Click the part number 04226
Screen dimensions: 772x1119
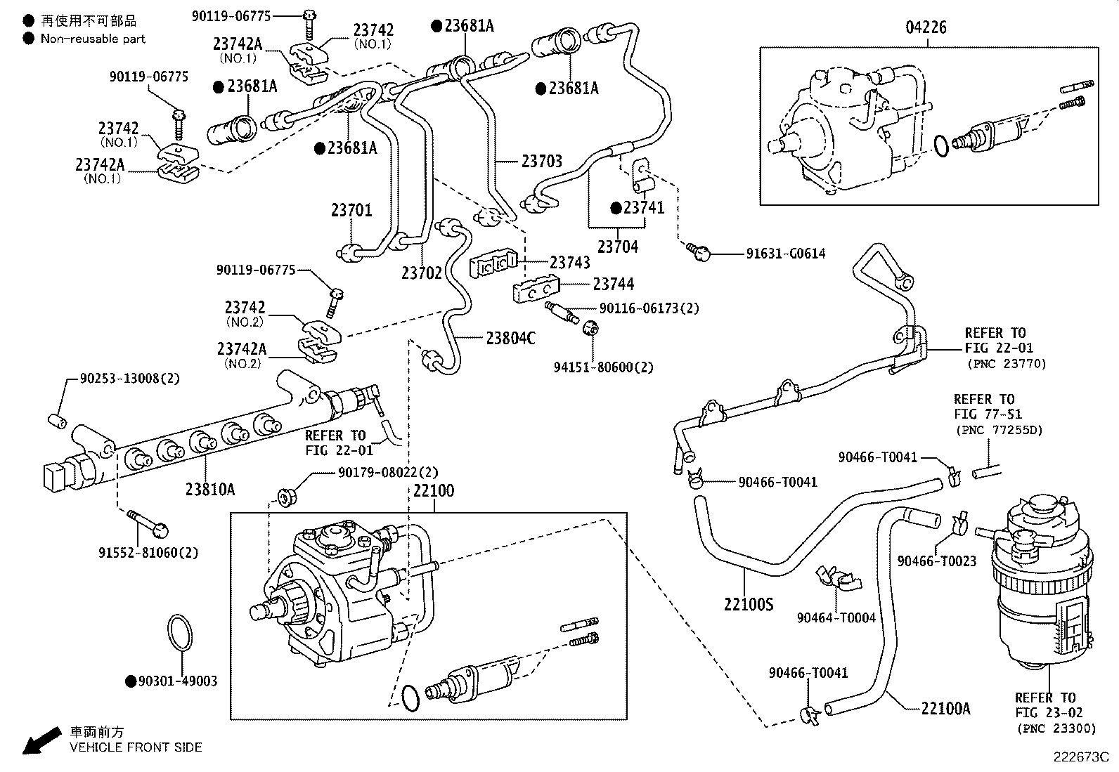pyautogui.click(x=926, y=28)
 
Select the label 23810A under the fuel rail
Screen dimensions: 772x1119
pyautogui.click(x=210, y=490)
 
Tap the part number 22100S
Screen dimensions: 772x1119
pyautogui.click(x=749, y=603)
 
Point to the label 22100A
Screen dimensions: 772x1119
pyautogui.click(x=945, y=709)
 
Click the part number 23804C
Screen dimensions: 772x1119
pyautogui.click(x=510, y=339)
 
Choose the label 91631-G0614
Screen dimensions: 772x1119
pyautogui.click(x=785, y=254)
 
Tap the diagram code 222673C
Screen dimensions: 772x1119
pyautogui.click(x=1080, y=757)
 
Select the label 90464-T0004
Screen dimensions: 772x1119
pyautogui.click(x=836, y=618)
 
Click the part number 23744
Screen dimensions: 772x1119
pyautogui.click(x=613, y=284)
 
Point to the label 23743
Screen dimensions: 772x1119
pyautogui.click(x=569, y=263)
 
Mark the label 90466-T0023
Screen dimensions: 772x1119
pyautogui.click(x=936, y=561)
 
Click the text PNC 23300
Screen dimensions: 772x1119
pyautogui.click(x=1056, y=728)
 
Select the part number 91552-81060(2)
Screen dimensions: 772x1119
pyautogui.click(x=148, y=553)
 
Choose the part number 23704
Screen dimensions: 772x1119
pyautogui.click(x=618, y=247)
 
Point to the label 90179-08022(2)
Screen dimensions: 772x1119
pyautogui.click(x=387, y=473)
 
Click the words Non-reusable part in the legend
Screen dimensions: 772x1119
pyautogui.click(x=93, y=39)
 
